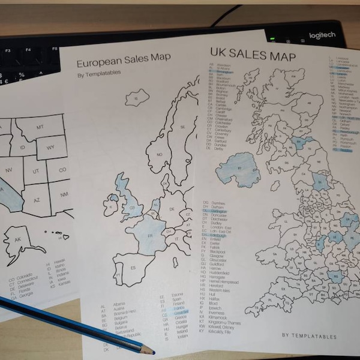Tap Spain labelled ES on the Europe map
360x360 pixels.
(x=134, y=266)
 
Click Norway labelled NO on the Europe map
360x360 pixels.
(x=159, y=154)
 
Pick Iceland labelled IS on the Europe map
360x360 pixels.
(x=136, y=97)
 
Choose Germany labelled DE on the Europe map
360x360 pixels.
(x=171, y=209)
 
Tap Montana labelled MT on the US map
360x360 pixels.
(x=40, y=127)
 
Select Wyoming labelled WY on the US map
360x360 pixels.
(x=50, y=147)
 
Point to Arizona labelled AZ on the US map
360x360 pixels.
(x=36, y=199)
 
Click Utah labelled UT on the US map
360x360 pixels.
(x=35, y=172)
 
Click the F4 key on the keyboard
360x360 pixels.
(x=28, y=50)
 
